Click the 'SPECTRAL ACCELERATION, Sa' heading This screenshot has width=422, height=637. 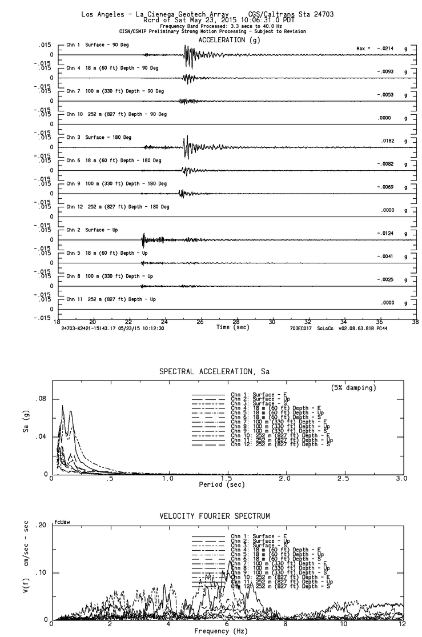coord(214,372)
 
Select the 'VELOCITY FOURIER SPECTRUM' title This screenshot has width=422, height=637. coord(214,516)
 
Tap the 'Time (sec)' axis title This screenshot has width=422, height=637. coord(232,327)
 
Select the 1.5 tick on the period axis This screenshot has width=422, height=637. coord(226,478)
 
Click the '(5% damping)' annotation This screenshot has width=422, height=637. coord(353,388)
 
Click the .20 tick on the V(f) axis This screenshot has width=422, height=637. coord(41,526)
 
